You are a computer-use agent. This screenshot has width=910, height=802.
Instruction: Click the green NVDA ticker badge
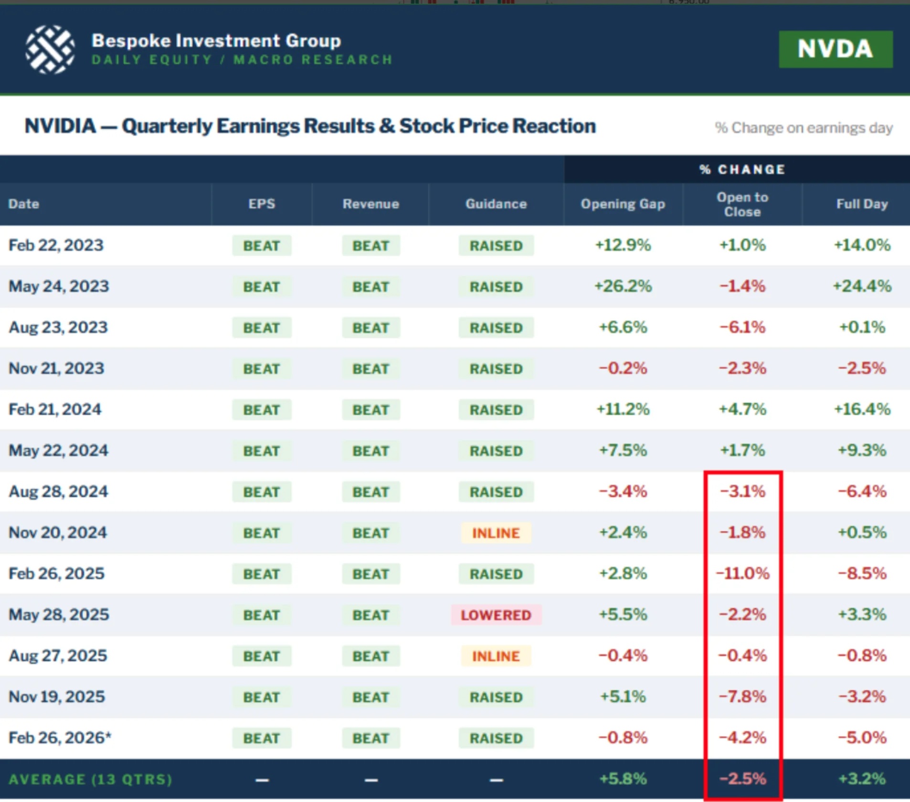tap(836, 49)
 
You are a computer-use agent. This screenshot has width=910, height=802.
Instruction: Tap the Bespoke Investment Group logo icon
tap(50, 49)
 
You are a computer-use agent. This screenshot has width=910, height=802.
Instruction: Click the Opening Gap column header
tap(623, 204)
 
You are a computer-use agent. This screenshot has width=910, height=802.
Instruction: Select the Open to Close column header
tap(742, 204)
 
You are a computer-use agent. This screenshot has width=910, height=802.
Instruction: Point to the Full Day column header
tap(862, 204)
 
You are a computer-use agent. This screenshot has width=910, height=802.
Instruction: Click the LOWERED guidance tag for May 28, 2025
tap(496, 615)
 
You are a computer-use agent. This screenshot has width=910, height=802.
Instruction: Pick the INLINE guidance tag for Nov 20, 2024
tap(496, 533)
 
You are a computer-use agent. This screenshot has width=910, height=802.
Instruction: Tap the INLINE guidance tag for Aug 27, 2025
tap(496, 656)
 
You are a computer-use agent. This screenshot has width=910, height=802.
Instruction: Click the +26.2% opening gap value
tap(623, 286)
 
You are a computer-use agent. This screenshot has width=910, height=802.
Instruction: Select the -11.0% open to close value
tap(742, 573)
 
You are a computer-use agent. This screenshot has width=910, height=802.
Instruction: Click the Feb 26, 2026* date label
tap(60, 738)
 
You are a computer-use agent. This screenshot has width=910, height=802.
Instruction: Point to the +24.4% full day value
tap(862, 286)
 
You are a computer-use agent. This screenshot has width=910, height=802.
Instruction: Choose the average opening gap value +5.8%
tap(623, 779)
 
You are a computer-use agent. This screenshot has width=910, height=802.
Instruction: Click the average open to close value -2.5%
tap(742, 779)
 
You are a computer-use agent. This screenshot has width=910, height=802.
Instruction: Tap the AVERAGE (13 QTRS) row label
tap(91, 780)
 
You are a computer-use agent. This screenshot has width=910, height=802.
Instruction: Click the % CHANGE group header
tap(742, 169)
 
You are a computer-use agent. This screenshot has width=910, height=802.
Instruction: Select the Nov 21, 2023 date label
tap(56, 369)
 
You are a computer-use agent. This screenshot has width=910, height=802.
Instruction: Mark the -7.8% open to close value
tap(742, 696)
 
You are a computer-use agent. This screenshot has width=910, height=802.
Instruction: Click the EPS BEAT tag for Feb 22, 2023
tap(262, 246)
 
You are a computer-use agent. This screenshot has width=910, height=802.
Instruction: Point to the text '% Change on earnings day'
tap(804, 128)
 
